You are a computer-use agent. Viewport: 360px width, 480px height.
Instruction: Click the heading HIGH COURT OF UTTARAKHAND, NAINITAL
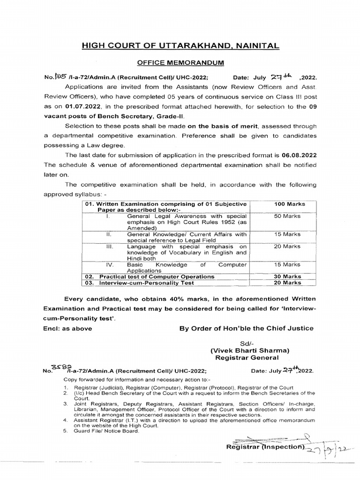(x=180, y=45)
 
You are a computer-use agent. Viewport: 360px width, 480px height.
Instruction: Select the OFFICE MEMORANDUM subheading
(x=180, y=62)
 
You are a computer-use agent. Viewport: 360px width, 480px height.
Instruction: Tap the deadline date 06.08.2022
(x=299, y=155)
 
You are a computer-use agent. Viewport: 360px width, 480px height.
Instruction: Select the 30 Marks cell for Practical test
(x=288, y=277)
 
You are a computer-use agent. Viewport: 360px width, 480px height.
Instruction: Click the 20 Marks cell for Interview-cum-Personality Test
(x=288, y=283)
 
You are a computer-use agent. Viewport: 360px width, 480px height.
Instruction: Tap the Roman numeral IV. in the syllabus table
(x=111, y=265)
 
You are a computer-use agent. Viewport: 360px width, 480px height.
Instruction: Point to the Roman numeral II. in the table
(x=109, y=234)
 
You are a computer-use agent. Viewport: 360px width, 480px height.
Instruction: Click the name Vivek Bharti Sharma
(x=249, y=350)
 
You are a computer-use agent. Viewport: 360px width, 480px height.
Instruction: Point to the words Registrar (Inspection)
(x=265, y=447)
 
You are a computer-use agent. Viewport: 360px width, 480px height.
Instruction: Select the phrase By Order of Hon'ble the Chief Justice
(x=247, y=328)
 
